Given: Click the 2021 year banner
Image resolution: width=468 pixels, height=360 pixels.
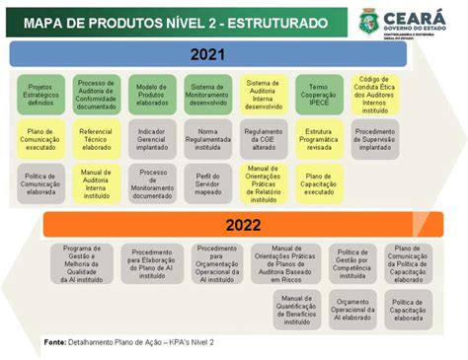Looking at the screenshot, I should [x=207, y=54].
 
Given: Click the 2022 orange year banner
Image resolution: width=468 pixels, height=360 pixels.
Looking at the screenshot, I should [x=242, y=224].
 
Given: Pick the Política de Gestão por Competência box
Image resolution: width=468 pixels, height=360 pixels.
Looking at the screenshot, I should [x=352, y=263].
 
